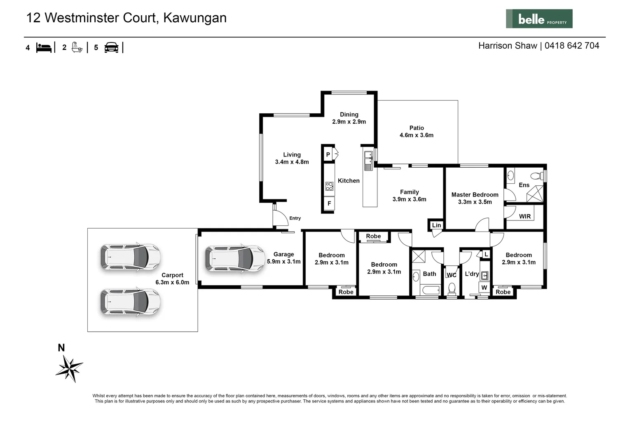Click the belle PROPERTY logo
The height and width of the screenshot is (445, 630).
[x=539, y=19]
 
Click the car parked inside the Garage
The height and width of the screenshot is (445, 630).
[x=235, y=259]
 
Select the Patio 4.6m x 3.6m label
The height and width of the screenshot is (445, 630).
[x=417, y=131]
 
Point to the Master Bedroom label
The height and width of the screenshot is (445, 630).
[x=475, y=195]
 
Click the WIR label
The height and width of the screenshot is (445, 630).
[x=525, y=216]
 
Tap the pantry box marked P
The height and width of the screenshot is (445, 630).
[x=328, y=155]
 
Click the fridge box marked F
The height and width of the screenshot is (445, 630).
[x=329, y=204]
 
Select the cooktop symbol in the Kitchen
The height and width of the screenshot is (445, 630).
[x=329, y=186]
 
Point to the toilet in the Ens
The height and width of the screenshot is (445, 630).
[x=536, y=176]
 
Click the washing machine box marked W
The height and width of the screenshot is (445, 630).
[x=484, y=288]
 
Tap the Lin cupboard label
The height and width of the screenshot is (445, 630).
[x=436, y=225]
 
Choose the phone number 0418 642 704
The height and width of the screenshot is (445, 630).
[x=572, y=46]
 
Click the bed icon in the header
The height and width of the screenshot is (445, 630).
[x=44, y=47]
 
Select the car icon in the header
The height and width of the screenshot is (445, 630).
[x=111, y=47]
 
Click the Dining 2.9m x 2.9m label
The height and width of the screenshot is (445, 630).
[x=349, y=118]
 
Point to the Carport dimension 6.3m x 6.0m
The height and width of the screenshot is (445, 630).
[x=172, y=282]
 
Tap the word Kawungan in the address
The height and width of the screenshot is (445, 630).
[x=195, y=18]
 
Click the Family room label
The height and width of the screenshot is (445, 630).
[x=409, y=196]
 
